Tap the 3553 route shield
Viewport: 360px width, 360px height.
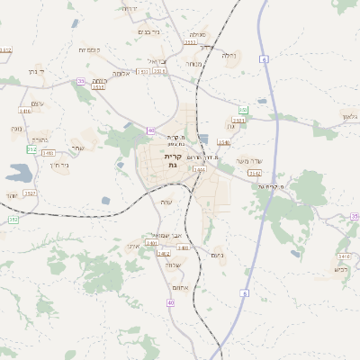[x=190, y=42]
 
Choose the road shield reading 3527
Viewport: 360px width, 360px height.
[x=30, y=193]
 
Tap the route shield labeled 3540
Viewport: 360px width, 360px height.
[x=223, y=142]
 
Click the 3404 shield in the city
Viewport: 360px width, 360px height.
[x=199, y=169]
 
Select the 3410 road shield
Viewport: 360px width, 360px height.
[x=183, y=247]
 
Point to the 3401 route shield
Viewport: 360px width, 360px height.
[x=151, y=243]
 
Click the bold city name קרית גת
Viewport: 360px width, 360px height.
[x=173, y=160]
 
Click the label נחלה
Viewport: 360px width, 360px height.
[x=229, y=56]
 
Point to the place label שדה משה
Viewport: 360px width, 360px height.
[x=248, y=161]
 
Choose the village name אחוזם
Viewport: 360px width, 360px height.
[x=180, y=287]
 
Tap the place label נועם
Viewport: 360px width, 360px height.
[x=217, y=255]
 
